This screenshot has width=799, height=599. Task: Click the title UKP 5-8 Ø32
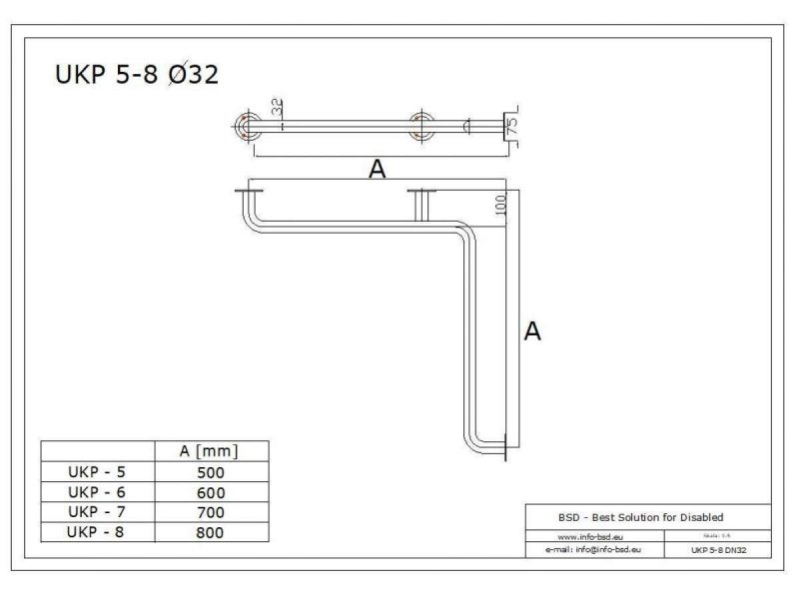136,78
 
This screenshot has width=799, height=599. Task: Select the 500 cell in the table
211,472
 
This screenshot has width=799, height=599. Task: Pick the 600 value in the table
211,492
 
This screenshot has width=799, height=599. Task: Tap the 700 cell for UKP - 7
211,512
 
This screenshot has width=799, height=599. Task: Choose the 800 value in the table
211,532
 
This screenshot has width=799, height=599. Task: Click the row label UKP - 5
97,472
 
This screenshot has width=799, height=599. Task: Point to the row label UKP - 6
97,492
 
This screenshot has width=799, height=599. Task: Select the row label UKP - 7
97,512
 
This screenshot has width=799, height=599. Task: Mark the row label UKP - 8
97,532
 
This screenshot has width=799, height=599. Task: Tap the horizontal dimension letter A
377,170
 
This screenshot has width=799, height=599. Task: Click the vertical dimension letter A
532,331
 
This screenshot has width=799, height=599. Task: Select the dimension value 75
511,126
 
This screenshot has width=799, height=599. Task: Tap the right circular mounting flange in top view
421,126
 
